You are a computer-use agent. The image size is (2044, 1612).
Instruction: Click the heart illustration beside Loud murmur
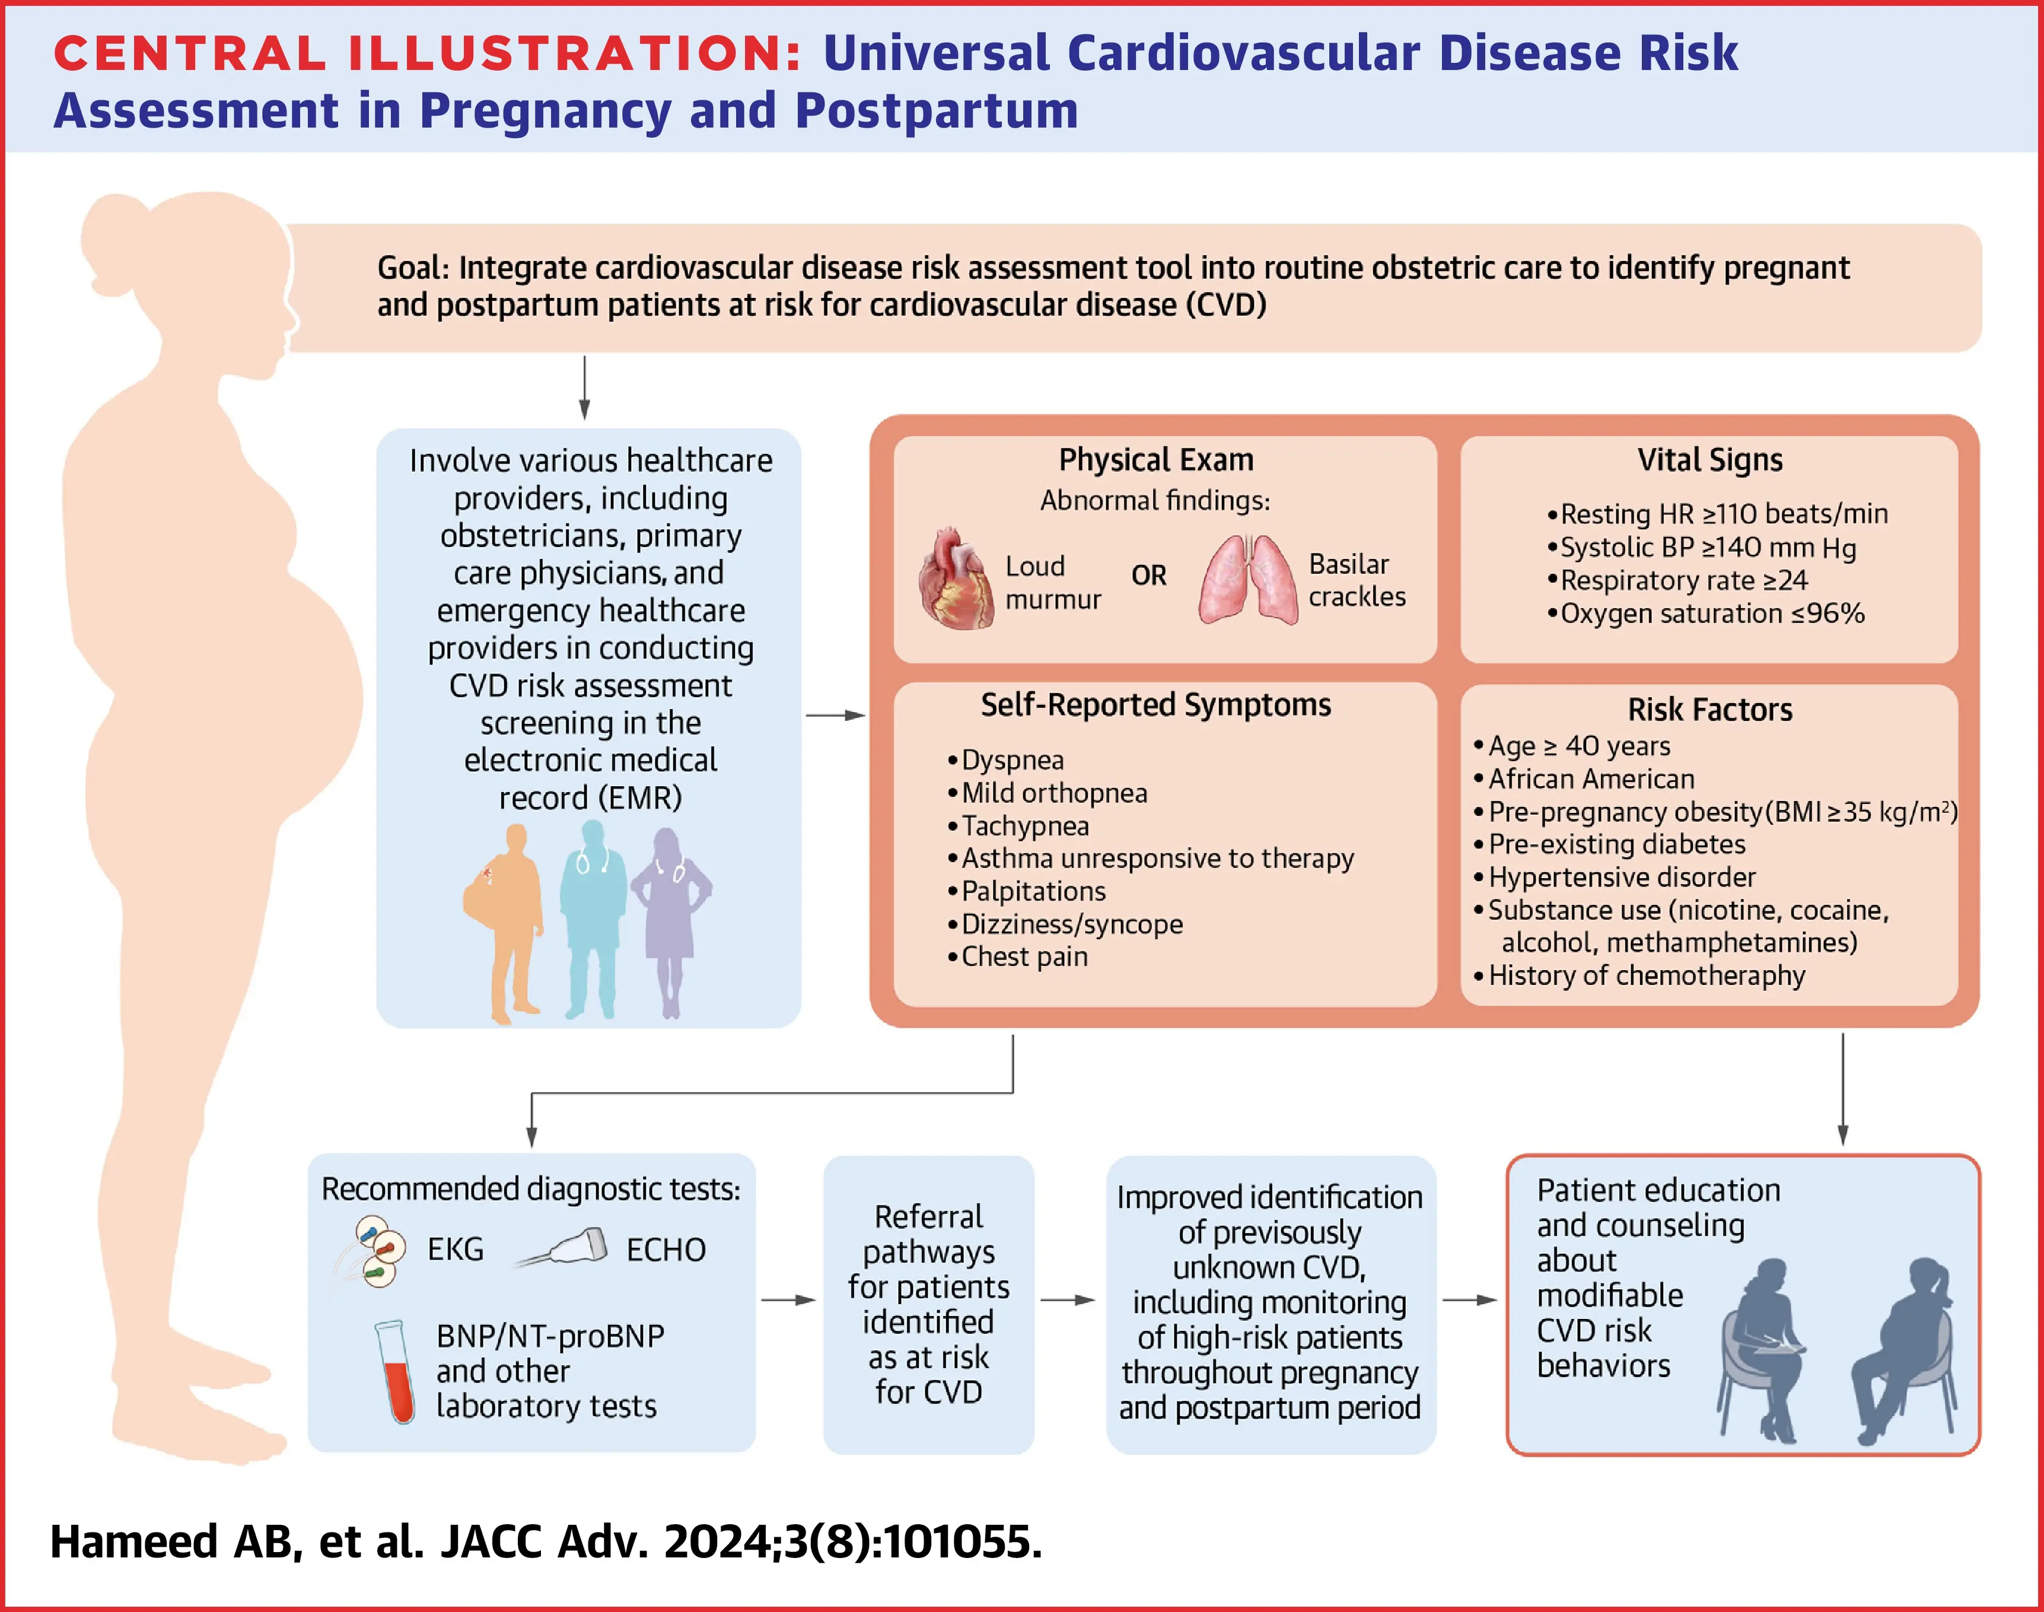pyautogui.click(x=956, y=578)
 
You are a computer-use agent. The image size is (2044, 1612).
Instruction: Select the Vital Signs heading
pyautogui.click(x=1710, y=460)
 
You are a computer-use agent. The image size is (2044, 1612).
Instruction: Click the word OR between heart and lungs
pyautogui.click(x=1148, y=575)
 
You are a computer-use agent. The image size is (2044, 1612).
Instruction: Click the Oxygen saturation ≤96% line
pyautogui.click(x=1705, y=613)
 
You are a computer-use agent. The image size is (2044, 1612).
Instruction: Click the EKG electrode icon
pyautogui.click(x=371, y=1251)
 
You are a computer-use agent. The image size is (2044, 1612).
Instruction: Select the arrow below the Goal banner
pyautogui.click(x=584, y=387)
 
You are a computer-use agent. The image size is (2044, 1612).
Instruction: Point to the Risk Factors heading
pyautogui.click(x=1710, y=709)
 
